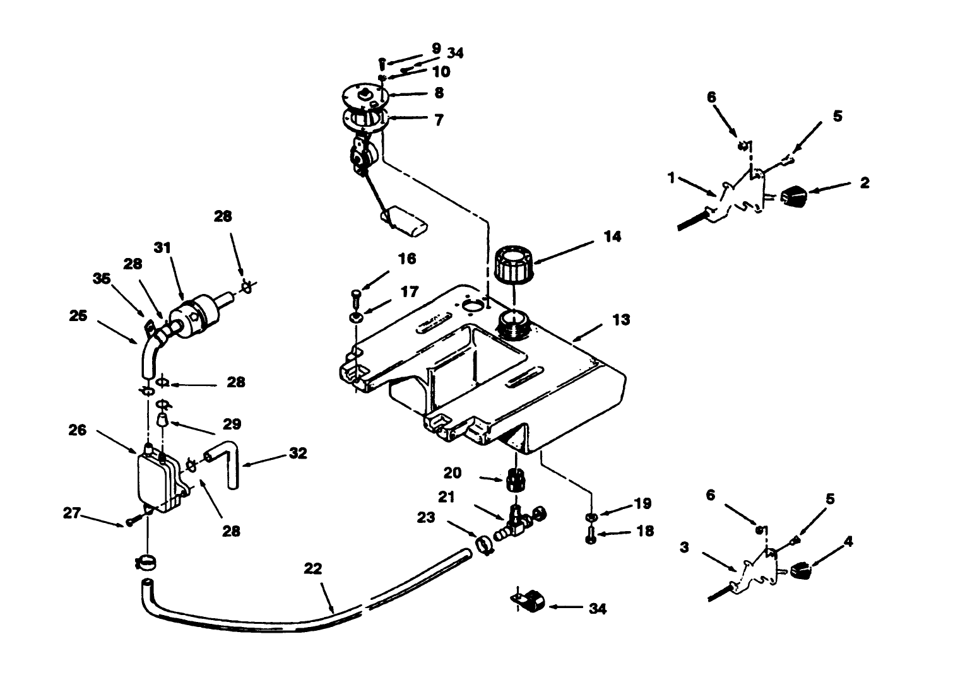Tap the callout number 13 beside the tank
pos(621,320)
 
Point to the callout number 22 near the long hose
pos(313,568)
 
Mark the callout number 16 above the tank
pos(407,259)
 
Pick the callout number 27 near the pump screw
pos(73,513)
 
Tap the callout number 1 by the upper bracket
pos(672,179)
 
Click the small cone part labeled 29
pos(162,420)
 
